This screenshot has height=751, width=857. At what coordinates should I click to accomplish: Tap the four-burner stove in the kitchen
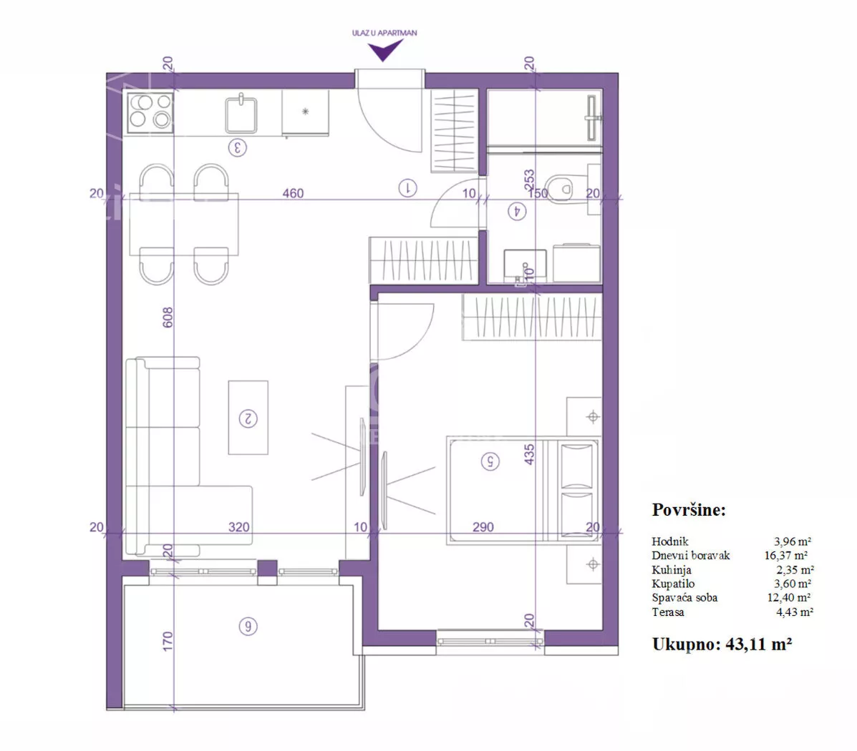point(150,113)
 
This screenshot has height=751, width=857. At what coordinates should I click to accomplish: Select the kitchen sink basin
point(241,114)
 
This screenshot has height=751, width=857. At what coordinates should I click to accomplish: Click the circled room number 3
point(237,147)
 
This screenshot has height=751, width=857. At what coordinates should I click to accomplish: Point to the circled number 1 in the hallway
point(407,188)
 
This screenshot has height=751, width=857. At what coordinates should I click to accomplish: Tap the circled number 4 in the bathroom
point(517,211)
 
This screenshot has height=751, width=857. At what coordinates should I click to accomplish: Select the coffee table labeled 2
point(248,418)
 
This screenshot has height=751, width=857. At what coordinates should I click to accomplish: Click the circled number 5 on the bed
point(490,461)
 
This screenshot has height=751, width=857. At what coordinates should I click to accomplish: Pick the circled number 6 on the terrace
point(248,627)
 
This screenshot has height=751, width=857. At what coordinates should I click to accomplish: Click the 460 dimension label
point(293,193)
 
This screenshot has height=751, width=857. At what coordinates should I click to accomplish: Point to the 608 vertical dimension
point(168,318)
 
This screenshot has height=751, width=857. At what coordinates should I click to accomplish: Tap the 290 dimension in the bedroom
point(483,527)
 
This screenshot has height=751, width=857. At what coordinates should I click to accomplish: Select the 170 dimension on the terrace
point(168,642)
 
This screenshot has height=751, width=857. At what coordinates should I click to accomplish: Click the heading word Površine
point(689,509)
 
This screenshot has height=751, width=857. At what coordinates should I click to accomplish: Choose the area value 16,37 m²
point(786,556)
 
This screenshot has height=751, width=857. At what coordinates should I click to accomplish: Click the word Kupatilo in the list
point(673,584)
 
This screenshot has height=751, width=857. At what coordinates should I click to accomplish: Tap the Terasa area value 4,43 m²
point(795,612)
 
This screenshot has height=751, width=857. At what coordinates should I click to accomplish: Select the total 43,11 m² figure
point(759,644)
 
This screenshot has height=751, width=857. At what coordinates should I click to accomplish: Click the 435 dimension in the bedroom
point(529,454)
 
